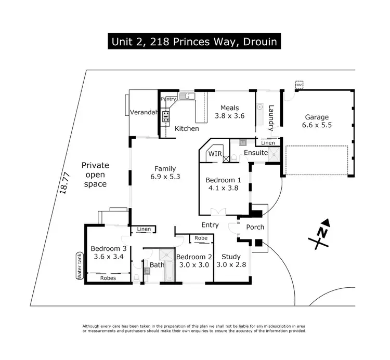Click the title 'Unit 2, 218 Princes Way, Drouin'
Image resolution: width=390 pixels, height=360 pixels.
(194, 41)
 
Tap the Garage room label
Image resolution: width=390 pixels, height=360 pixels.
(317, 117)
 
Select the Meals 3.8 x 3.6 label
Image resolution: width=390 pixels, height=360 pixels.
(229, 112)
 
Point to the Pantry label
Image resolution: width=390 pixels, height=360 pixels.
(168, 99)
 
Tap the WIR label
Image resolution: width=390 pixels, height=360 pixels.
(215, 154)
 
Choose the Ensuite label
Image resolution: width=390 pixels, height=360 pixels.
(256, 153)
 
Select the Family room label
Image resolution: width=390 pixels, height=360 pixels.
(165, 168)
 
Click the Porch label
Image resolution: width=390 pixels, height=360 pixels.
(255, 227)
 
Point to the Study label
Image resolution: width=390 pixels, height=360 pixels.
(231, 256)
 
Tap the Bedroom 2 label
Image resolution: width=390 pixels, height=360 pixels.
(194, 257)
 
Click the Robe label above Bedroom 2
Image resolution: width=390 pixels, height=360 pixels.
(201, 238)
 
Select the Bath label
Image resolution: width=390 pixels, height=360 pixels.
(157, 264)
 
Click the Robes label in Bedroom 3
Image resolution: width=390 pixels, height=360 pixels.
(108, 278)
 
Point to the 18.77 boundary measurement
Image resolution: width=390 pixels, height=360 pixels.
(64, 183)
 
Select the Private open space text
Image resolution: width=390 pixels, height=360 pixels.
(95, 175)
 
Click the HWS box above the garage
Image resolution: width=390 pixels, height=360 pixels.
(298, 84)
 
